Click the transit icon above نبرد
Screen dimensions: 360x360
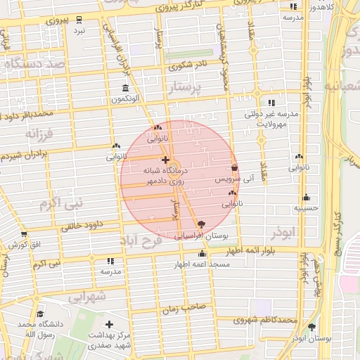[79, 19]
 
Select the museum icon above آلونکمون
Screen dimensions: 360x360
[125, 89]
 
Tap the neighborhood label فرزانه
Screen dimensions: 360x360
[39, 133]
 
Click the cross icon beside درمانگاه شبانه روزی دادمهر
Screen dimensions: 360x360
[165, 160]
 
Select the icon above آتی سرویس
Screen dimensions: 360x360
[234, 168]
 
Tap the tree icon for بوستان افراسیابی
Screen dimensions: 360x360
[202, 224]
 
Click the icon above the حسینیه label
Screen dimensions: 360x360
[306, 198]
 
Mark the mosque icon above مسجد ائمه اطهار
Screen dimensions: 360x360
[202, 254]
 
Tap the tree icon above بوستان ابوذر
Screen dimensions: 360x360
[312, 327]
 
